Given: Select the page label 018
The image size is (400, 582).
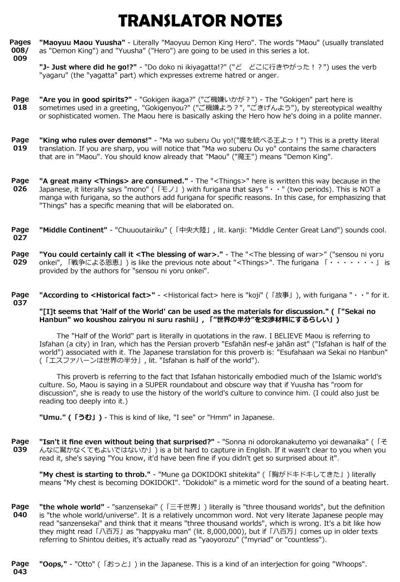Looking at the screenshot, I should coord(20,108).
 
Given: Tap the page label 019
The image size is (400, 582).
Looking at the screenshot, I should coord(20,148).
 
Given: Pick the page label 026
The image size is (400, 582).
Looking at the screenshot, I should coord(20,189).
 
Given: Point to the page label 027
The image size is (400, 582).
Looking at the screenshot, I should coord(20,238).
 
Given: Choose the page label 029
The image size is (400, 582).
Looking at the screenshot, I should coord(20,262).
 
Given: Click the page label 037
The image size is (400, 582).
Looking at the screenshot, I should coord(20,303).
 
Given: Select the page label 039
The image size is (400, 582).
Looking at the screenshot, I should coord(20,450).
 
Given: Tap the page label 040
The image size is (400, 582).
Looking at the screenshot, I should coord(20,515).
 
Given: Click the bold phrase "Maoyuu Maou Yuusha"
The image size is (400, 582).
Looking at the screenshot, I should coord(82,42).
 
